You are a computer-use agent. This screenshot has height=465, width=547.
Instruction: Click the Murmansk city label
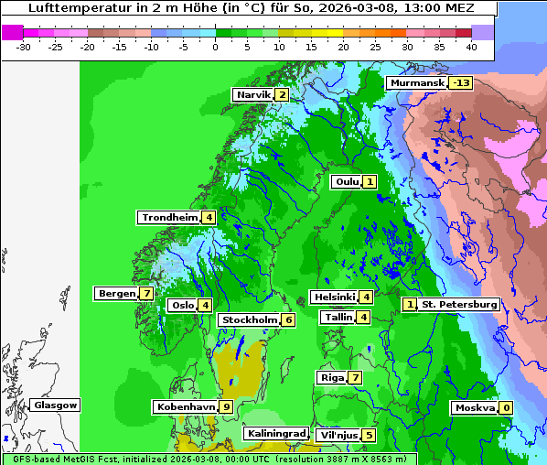click(417, 83)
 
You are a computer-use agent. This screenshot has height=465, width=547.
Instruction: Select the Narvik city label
click(253, 95)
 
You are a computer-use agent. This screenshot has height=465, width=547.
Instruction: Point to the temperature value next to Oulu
click(370, 182)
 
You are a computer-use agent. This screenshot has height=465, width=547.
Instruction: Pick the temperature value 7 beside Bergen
click(146, 294)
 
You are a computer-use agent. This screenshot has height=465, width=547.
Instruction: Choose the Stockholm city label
click(248, 320)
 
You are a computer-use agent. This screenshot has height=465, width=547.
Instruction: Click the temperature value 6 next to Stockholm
click(288, 320)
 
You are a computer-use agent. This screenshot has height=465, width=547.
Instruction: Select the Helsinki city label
click(333, 297)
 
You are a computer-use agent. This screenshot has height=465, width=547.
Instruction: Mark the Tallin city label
click(338, 318)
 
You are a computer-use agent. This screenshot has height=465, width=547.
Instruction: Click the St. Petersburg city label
click(459, 305)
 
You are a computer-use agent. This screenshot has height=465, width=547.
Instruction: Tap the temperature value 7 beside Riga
click(355, 378)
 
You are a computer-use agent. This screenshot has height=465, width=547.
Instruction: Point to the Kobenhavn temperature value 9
click(226, 407)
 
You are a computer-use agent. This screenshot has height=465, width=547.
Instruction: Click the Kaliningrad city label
click(274, 434)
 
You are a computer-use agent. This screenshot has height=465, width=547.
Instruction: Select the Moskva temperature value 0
click(506, 408)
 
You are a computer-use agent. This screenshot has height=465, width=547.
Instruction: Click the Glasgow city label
click(56, 406)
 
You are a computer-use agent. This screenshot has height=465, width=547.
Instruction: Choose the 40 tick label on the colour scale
click(471, 47)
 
